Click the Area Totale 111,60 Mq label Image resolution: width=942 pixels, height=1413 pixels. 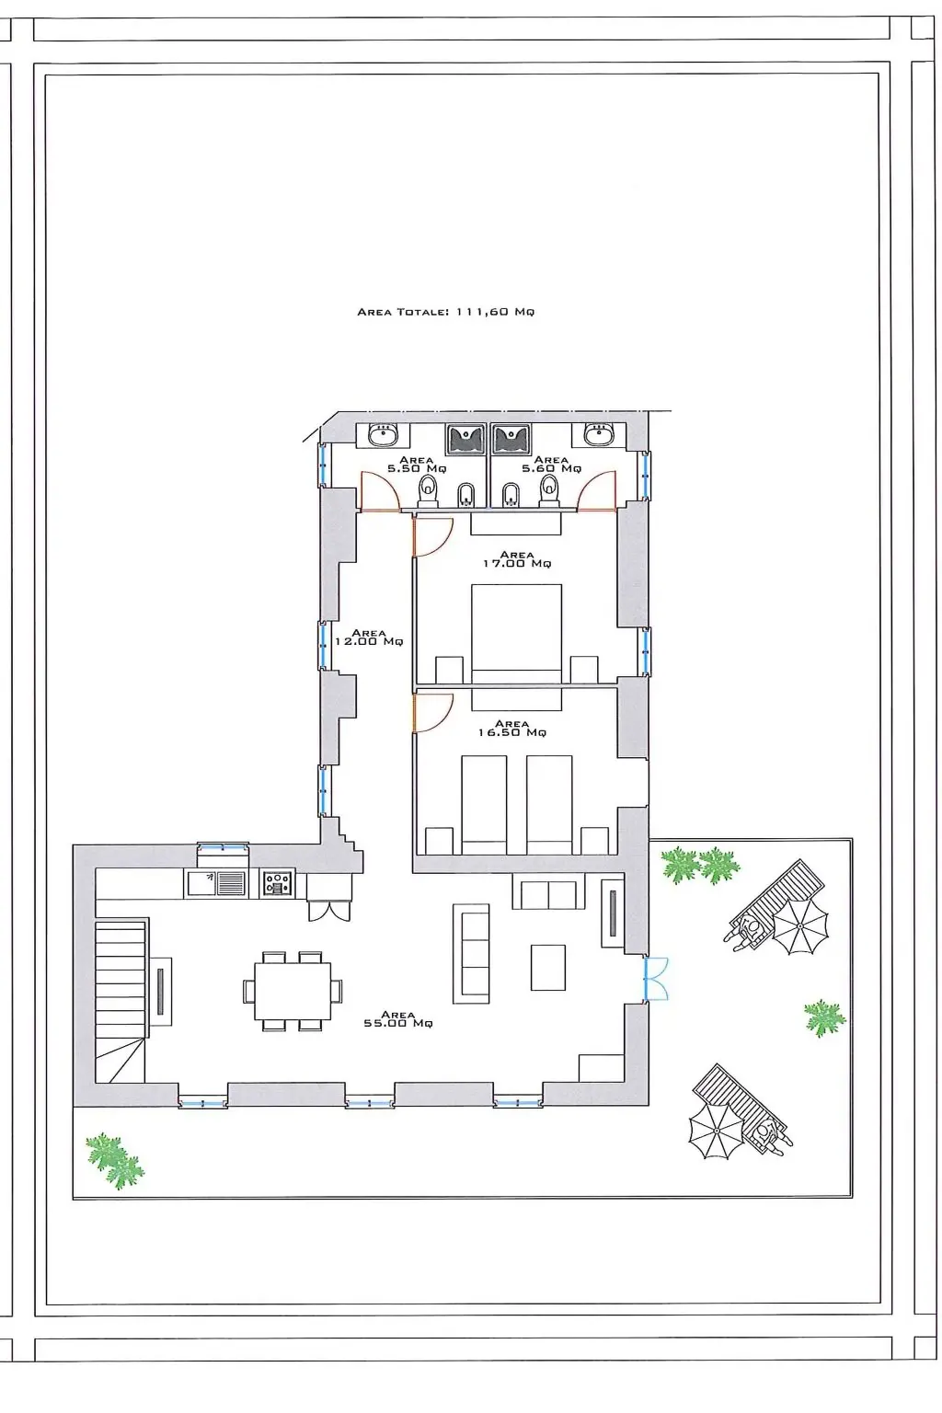pyautogui.click(x=445, y=312)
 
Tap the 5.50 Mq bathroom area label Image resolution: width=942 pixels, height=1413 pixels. pyautogui.click(x=416, y=465)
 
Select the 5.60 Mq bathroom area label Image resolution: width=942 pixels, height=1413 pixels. pyautogui.click(x=551, y=465)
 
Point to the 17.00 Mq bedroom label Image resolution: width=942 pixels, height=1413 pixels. pyautogui.click(x=517, y=559)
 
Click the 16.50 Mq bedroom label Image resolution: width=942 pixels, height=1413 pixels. pyautogui.click(x=511, y=728)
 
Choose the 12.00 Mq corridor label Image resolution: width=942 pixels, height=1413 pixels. pyautogui.click(x=369, y=638)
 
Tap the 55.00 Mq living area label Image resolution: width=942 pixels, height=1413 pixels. pyautogui.click(x=398, y=1018)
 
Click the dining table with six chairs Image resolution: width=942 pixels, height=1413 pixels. pyautogui.click(x=293, y=991)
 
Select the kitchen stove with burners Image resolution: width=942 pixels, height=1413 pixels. pyautogui.click(x=278, y=882)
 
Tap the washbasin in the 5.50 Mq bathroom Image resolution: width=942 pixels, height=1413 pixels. pyautogui.click(x=383, y=434)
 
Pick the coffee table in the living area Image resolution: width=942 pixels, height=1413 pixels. pyautogui.click(x=547, y=967)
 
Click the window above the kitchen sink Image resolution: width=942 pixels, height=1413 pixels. pyautogui.click(x=223, y=846)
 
